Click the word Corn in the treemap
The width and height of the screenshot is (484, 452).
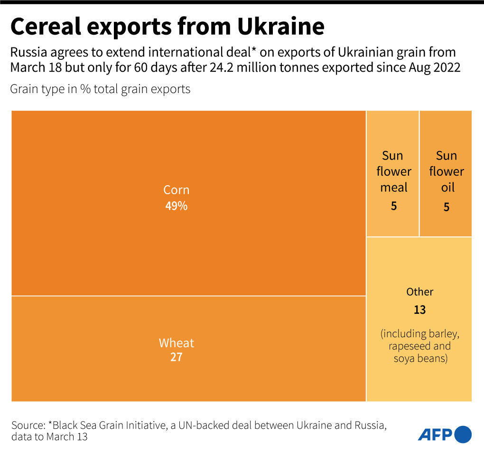[x=176, y=190]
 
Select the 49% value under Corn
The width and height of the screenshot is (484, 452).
[x=176, y=206]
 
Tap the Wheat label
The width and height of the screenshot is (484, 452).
[x=176, y=343]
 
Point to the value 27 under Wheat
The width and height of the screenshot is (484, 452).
[x=176, y=358]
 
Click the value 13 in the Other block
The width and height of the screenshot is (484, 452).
[x=419, y=310]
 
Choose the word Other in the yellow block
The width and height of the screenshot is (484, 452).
[x=419, y=292]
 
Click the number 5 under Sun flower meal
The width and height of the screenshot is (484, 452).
[x=393, y=207]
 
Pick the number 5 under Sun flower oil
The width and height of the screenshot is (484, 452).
[x=446, y=207]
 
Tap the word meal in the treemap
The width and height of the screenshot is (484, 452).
[x=393, y=188]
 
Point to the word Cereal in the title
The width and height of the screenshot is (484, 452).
[x=45, y=27]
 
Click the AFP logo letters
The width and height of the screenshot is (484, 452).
[x=435, y=434]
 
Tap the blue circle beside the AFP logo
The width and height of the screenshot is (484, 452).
[x=463, y=434]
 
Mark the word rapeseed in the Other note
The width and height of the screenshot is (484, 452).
[x=408, y=346]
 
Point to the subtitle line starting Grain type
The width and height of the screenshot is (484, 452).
[x=100, y=89]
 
